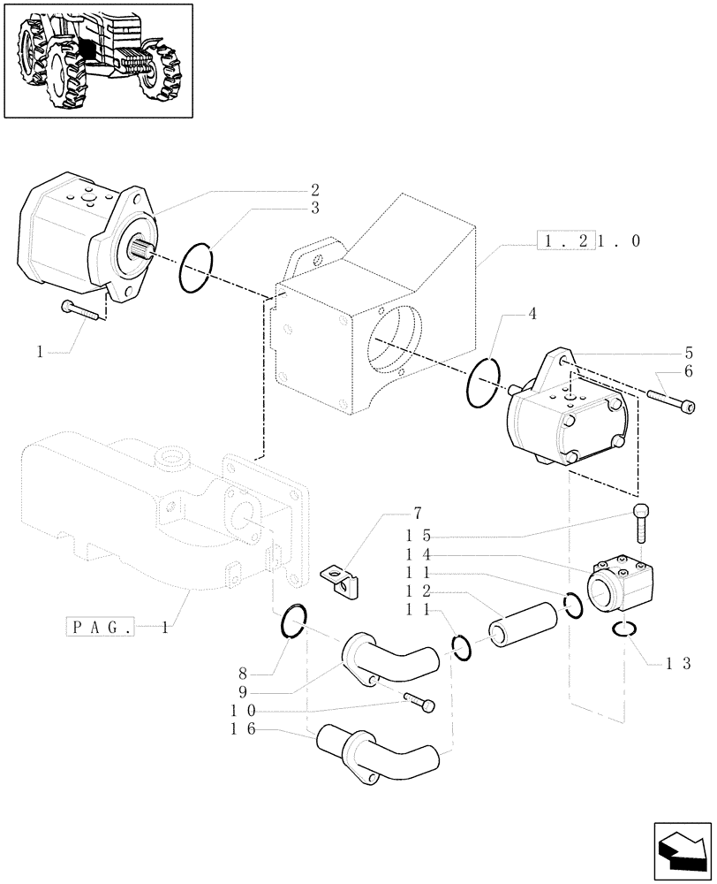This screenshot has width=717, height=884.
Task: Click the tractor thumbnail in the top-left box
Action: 98,59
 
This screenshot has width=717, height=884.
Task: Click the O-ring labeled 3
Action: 196,267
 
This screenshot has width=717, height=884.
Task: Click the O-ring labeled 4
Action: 482,383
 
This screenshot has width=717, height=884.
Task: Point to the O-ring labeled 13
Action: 626,629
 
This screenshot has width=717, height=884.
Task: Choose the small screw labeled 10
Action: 420,704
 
